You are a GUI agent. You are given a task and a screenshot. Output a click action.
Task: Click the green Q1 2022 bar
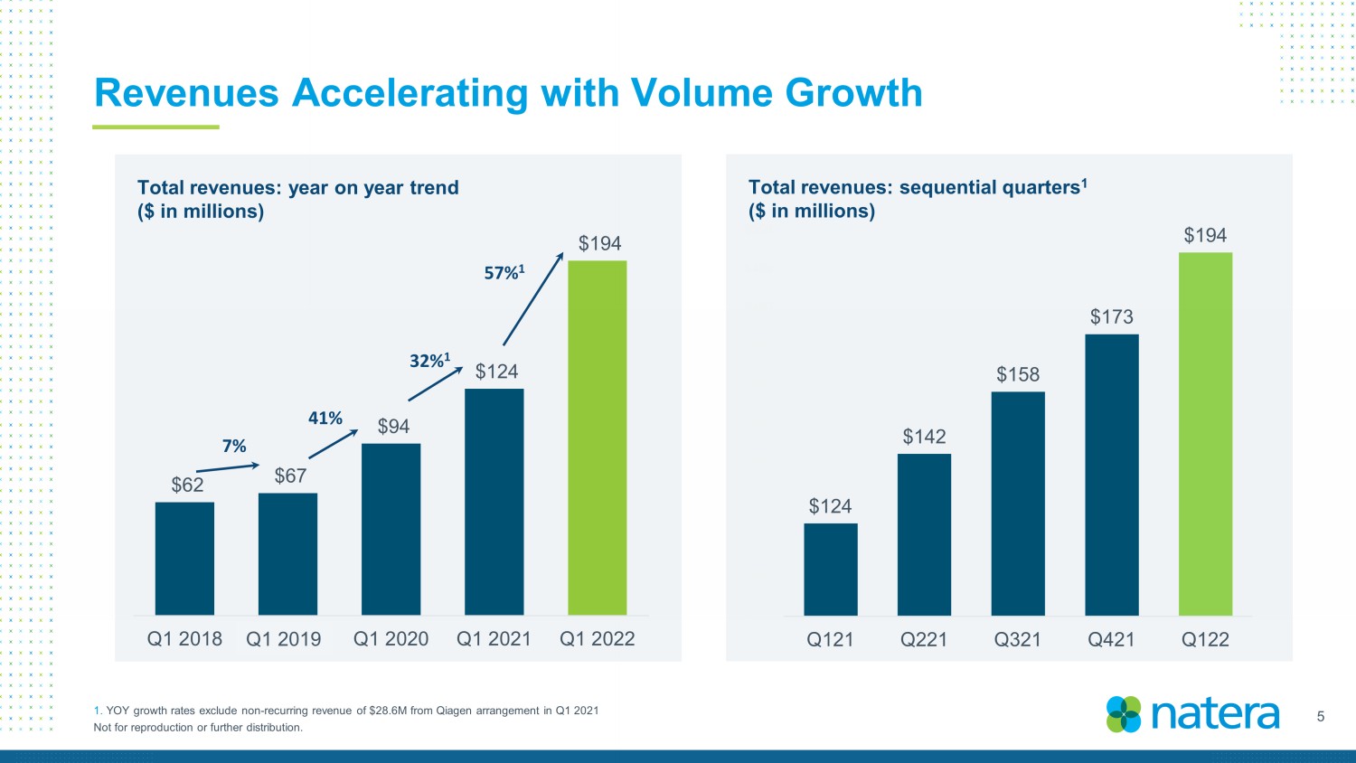pyautogui.click(x=597, y=438)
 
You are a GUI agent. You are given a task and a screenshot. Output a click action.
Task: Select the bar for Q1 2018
pyautogui.click(x=184, y=559)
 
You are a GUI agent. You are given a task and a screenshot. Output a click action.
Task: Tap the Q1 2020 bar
pyautogui.click(x=391, y=529)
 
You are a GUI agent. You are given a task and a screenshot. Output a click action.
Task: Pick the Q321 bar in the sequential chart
pyautogui.click(x=1018, y=504)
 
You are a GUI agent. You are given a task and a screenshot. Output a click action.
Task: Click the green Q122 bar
pyautogui.click(x=1205, y=434)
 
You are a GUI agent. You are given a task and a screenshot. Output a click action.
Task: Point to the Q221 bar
pyautogui.click(x=925, y=534)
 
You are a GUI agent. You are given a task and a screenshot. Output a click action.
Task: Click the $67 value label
pyautogui.click(x=290, y=476)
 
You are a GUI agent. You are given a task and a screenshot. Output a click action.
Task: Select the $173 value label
pyautogui.click(x=1111, y=316)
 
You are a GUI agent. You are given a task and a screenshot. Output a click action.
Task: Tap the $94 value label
pyautogui.click(x=393, y=427)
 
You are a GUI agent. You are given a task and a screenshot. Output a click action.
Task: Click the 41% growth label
pyautogui.click(x=325, y=418)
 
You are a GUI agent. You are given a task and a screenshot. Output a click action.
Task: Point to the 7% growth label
pyautogui.click(x=233, y=447)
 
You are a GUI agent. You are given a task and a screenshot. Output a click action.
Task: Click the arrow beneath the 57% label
pyautogui.click(x=533, y=299)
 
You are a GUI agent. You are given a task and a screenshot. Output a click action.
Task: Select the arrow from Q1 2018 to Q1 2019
pyautogui.click(x=228, y=467)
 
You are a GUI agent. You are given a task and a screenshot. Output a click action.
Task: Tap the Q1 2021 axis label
pyautogui.click(x=494, y=639)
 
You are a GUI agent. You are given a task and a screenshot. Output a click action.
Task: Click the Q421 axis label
pyautogui.click(x=1111, y=639)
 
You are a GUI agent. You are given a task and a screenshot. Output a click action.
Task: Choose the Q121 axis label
pyautogui.click(x=830, y=639)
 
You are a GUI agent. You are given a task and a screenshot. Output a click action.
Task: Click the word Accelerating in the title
pyautogui.click(x=410, y=94)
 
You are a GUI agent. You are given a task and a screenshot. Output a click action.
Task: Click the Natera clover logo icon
pyautogui.click(x=1124, y=714)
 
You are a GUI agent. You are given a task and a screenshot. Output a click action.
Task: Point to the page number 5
pyautogui.click(x=1320, y=717)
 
